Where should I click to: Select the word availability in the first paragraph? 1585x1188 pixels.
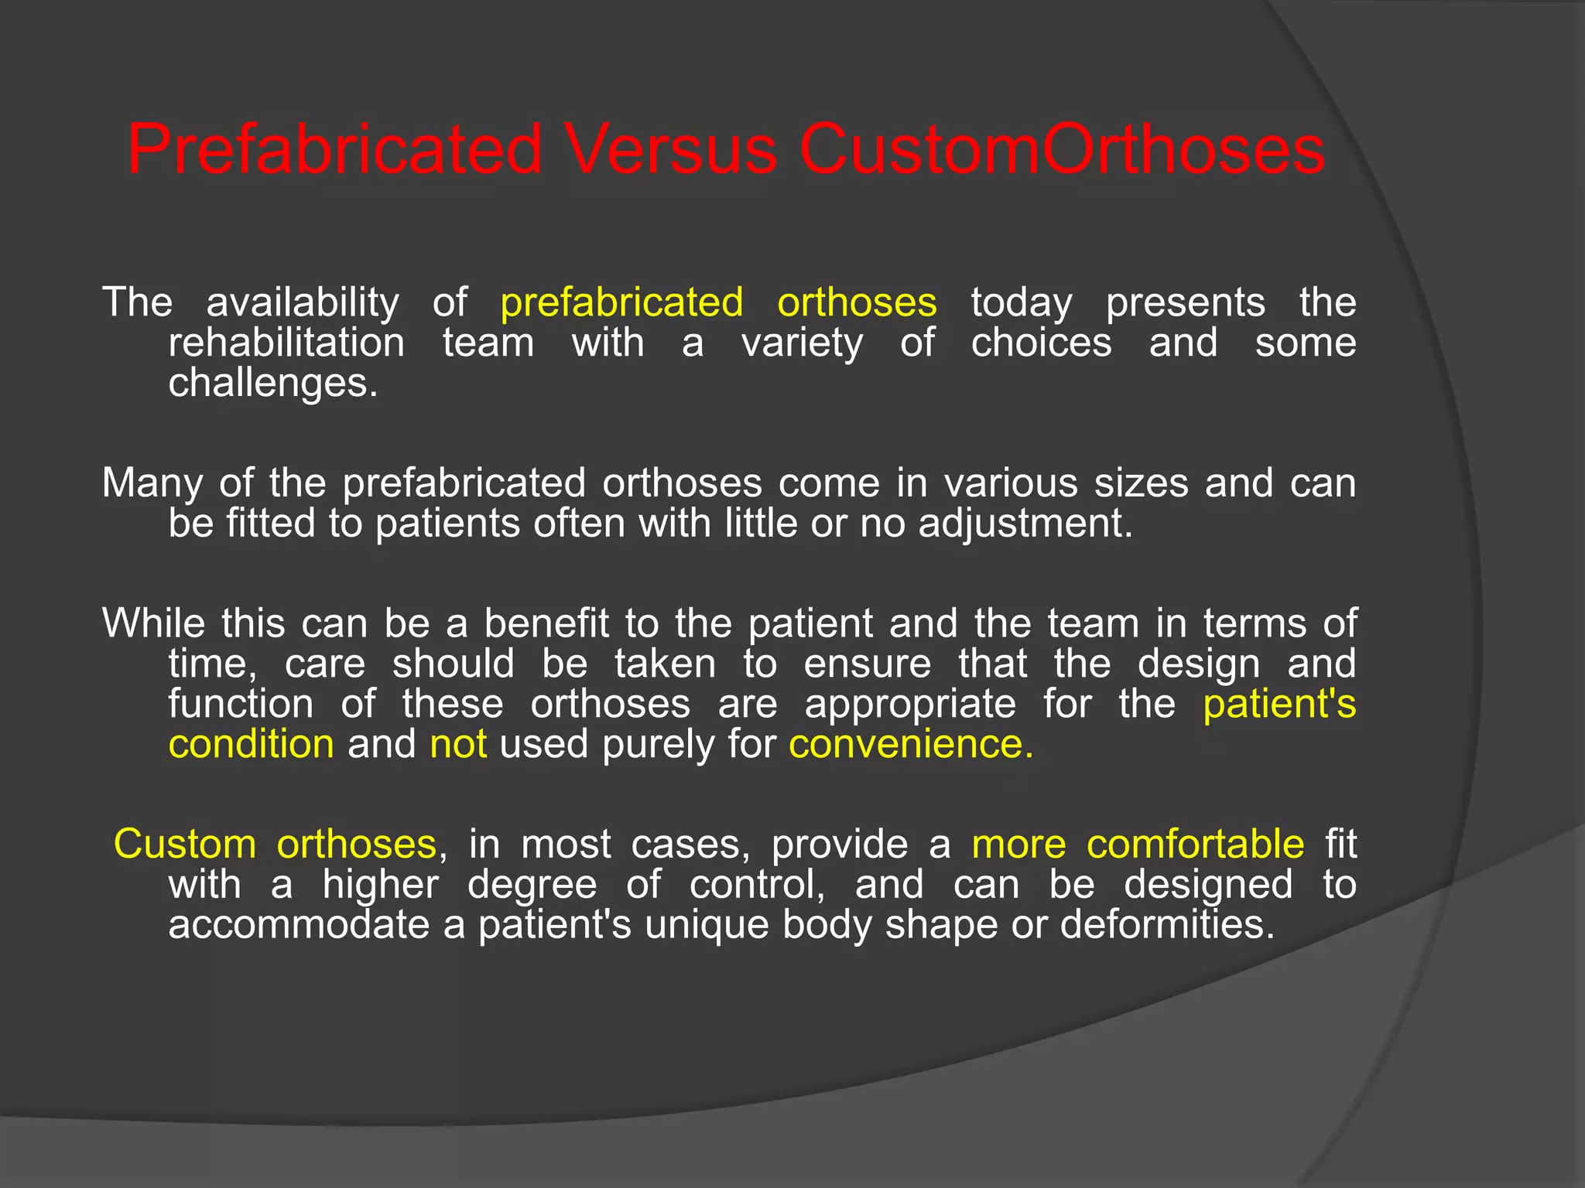[x=303, y=302]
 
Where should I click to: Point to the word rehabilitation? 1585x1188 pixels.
[x=286, y=343]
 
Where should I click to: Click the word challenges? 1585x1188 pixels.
[x=273, y=383]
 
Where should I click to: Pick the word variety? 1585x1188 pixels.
[x=802, y=343]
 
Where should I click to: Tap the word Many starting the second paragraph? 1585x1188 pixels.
[x=152, y=483]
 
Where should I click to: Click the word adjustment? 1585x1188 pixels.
[x=1025, y=524]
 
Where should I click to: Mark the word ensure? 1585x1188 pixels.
[x=867, y=664]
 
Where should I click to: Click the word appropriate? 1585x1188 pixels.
[x=910, y=705]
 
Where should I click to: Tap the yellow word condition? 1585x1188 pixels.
[x=252, y=745]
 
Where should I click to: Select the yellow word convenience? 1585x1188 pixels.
[x=910, y=745]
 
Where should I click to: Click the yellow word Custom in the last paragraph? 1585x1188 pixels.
[x=185, y=844]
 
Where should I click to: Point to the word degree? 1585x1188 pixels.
[x=532, y=885]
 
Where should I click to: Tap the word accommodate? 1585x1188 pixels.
[x=299, y=925]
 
